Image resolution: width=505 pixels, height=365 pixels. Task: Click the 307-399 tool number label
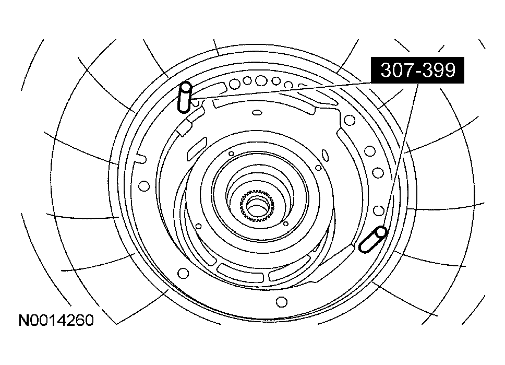tap(418, 70)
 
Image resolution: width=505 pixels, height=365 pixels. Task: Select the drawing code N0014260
tap(56, 320)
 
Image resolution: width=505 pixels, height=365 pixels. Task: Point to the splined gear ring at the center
tap(256, 207)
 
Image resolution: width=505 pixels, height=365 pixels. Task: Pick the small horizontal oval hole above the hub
tap(256, 112)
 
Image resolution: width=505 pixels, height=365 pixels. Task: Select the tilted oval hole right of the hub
tap(325, 155)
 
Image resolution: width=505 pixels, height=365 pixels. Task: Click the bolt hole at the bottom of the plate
tap(281, 301)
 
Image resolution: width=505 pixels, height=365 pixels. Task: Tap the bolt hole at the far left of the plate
tap(145, 185)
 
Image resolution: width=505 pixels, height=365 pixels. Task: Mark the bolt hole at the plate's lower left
tap(183, 273)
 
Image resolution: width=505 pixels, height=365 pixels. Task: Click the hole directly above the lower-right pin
tap(379, 211)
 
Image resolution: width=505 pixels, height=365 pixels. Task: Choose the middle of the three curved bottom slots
tap(242, 273)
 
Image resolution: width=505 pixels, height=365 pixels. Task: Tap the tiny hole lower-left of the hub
tap(198, 226)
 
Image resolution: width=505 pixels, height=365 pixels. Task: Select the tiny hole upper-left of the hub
tap(230, 153)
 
